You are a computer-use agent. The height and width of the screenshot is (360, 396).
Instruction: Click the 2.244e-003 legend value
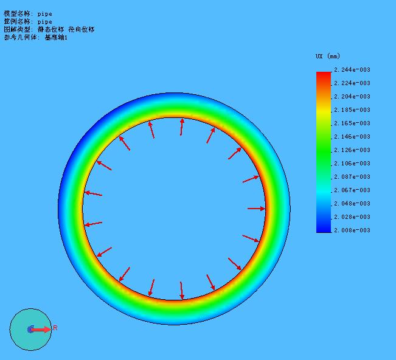(x=352, y=70)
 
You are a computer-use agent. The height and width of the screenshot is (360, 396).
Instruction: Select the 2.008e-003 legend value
(x=352, y=230)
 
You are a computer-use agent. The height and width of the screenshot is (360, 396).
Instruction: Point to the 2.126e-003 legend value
(x=352, y=150)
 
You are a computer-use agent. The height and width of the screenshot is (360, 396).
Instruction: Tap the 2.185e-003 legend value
(x=352, y=110)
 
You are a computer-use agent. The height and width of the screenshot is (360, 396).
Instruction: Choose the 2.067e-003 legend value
(x=352, y=190)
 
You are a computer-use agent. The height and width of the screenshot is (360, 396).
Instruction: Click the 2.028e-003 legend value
(x=352, y=217)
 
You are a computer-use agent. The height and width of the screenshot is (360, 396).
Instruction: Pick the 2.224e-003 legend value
(x=352, y=83)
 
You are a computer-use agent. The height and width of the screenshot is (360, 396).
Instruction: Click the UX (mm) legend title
(x=328, y=56)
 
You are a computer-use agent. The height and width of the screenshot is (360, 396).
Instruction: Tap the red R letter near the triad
(x=55, y=328)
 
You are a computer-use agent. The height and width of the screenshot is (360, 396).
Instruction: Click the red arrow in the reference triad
(x=41, y=330)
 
